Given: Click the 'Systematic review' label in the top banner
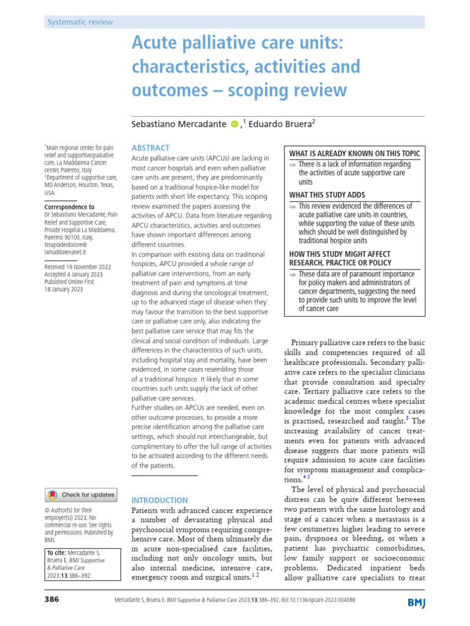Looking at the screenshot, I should click(80, 22).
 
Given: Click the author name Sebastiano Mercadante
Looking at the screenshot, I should click(179, 123).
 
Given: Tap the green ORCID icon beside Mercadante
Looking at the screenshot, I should click(234, 124).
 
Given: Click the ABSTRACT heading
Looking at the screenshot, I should click(151, 148).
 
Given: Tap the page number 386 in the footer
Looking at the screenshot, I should click(51, 600).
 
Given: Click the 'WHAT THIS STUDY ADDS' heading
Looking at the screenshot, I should click(327, 195).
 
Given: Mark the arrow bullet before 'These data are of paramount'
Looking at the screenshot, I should click(293, 274).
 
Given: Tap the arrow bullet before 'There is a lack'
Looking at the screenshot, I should click(293, 164).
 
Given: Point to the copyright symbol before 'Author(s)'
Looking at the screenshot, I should click(48, 510).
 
